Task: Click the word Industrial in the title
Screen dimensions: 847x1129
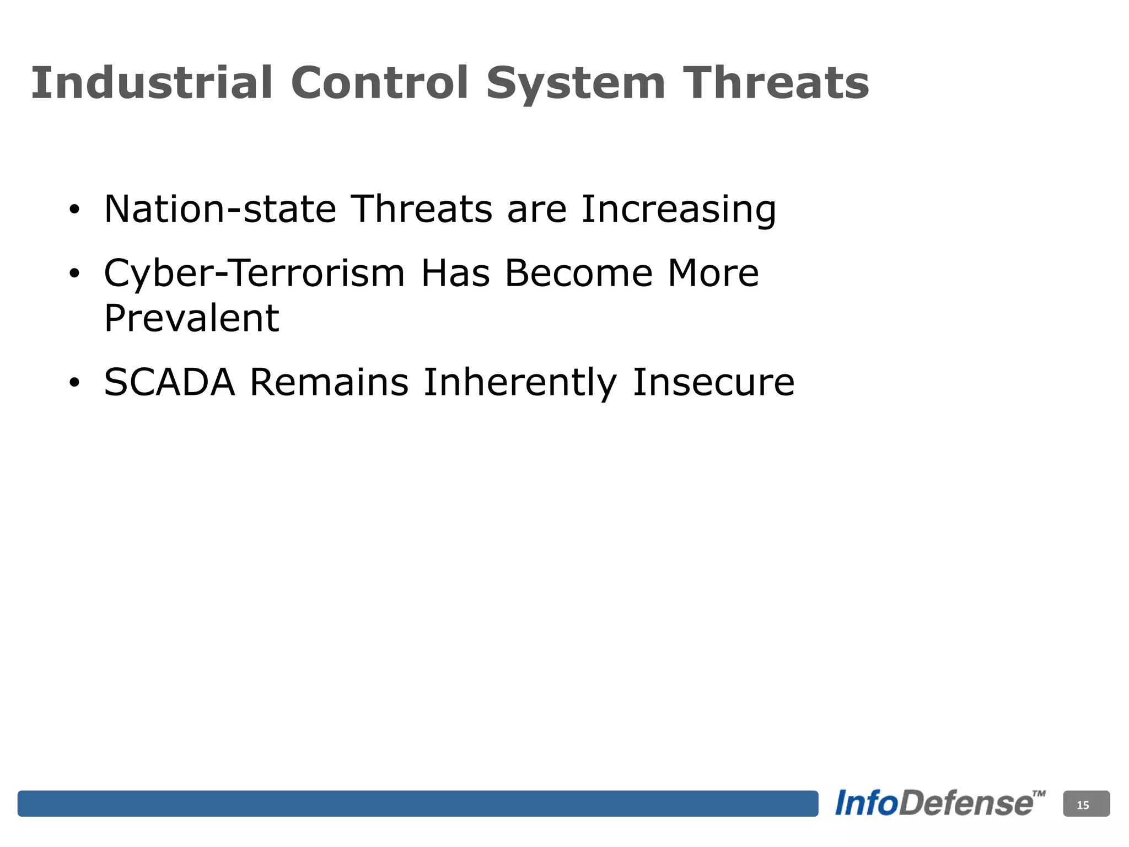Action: [152, 83]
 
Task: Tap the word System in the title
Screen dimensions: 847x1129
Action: [576, 84]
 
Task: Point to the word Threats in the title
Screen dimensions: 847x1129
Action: [776, 83]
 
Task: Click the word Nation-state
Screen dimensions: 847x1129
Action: [220, 209]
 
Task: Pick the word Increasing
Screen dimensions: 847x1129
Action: [679, 210]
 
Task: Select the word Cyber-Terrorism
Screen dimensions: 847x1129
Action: [254, 274]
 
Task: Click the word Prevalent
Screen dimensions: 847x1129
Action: [191, 319]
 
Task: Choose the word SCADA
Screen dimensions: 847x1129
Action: [169, 382]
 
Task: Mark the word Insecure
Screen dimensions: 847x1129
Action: [713, 382]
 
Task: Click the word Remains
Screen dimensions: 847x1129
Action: [329, 382]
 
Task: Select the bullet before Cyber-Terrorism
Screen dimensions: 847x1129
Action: [74, 274]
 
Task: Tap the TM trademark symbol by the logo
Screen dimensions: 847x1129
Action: [1038, 794]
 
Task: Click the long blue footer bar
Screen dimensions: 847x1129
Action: [417, 803]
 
